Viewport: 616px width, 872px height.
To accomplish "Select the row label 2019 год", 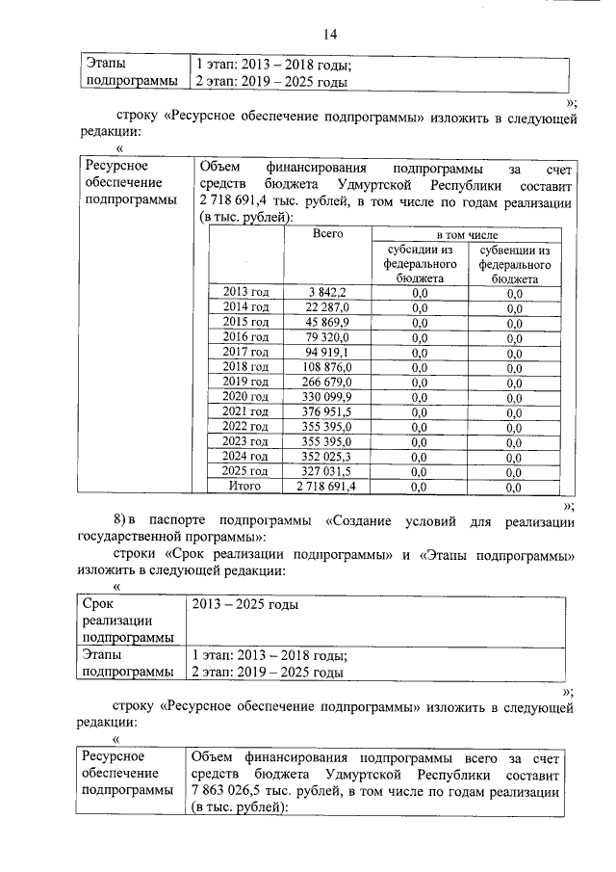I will click(245, 382).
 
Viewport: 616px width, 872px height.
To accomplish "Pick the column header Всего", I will click(326, 234).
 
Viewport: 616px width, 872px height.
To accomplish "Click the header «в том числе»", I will click(467, 234).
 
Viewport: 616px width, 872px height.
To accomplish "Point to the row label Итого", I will click(245, 488).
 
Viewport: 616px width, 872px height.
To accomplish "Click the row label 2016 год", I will click(245, 337).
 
